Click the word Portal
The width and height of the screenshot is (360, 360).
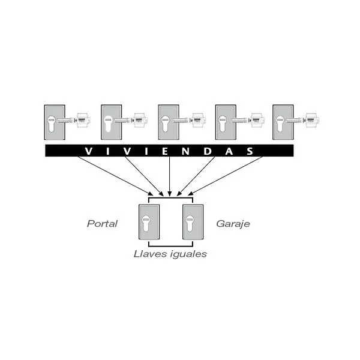click(x=102, y=224)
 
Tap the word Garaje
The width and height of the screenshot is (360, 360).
click(x=233, y=224)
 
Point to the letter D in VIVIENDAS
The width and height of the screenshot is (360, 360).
click(x=208, y=151)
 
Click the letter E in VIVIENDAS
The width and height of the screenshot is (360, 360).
click(x=164, y=151)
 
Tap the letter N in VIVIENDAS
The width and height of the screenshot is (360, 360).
click(x=185, y=151)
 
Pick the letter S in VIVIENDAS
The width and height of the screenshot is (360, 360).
click(x=250, y=151)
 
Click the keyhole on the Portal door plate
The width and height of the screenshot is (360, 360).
click(x=146, y=223)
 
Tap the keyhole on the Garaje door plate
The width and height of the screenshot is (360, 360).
click(x=190, y=223)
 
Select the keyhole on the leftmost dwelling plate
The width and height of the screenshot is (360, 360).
click(x=52, y=124)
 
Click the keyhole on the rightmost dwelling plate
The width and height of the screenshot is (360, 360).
click(x=280, y=124)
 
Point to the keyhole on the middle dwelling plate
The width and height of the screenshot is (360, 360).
click(x=166, y=124)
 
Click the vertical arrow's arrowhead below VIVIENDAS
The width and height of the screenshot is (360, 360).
click(x=169, y=194)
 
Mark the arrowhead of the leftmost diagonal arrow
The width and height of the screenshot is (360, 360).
click(x=150, y=193)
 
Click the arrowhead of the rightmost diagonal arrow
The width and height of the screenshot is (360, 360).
click(x=191, y=193)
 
